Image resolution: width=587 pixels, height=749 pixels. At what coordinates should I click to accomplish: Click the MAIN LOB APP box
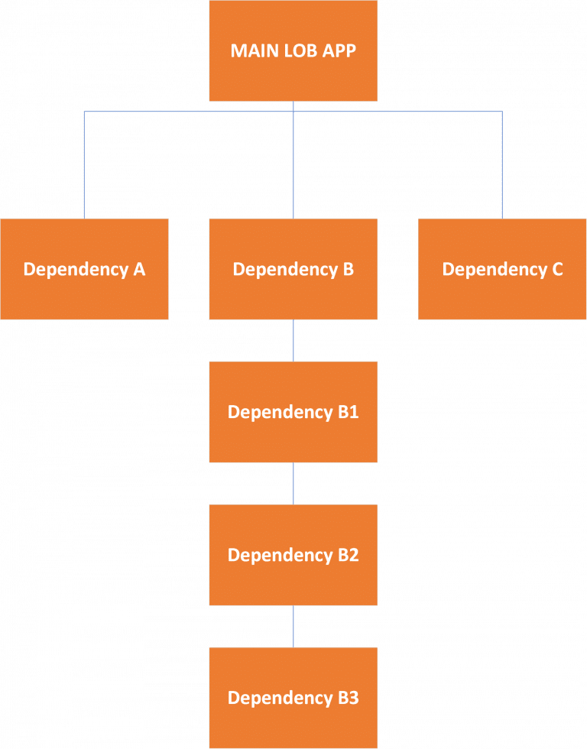[x=293, y=50]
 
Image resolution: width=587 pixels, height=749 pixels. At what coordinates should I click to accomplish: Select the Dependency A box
[x=84, y=268]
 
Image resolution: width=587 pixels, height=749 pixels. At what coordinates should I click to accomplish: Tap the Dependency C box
[x=502, y=268]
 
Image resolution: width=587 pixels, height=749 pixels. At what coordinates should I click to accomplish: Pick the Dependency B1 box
[x=293, y=411]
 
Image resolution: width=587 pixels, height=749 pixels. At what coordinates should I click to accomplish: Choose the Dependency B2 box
[x=293, y=554]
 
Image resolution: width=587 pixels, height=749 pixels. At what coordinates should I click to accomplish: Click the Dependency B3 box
[x=293, y=697]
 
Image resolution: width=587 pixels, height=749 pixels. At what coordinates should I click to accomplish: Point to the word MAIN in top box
[x=251, y=52]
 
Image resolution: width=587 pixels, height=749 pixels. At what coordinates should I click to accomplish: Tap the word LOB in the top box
[x=299, y=52]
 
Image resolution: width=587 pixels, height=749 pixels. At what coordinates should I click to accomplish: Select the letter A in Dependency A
[x=138, y=269]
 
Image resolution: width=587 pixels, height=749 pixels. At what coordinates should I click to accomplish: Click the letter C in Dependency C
[x=556, y=269]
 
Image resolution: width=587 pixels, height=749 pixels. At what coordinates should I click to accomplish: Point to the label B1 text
[x=348, y=412]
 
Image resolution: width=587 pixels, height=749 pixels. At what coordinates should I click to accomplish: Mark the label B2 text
[x=348, y=555]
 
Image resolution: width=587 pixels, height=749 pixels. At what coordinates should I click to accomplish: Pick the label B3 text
[x=348, y=698]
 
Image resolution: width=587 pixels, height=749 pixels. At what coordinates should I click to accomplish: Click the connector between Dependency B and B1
[x=293, y=340]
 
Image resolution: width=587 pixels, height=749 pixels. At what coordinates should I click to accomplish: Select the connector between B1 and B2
[x=293, y=483]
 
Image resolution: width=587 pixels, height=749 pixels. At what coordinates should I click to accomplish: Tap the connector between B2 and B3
[x=293, y=626]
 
